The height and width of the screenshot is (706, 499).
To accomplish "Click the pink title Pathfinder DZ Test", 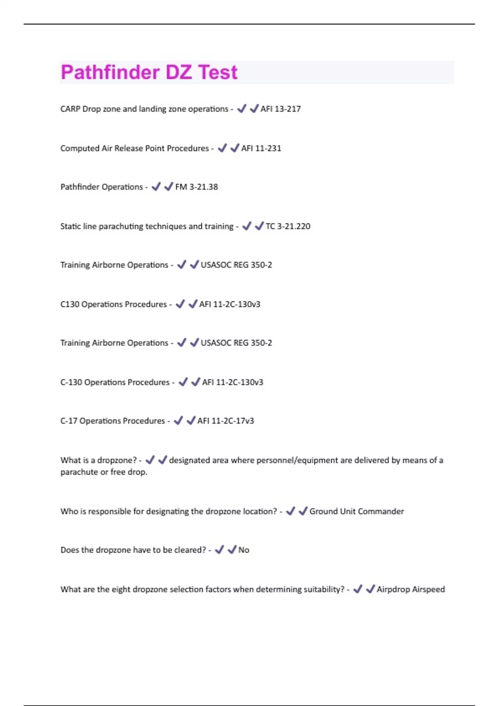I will [149, 72].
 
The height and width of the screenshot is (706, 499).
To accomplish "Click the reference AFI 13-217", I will [280, 109].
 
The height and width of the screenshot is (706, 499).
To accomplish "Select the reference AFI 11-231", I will [261, 148].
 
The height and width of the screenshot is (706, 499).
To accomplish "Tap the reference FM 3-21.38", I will [196, 187].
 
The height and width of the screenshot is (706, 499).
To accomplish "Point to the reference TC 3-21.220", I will [288, 226].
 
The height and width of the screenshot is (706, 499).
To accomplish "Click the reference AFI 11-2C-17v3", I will [225, 421].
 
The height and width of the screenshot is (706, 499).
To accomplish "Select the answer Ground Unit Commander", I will [356, 511].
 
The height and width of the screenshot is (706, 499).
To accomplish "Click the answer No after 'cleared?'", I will [244, 550].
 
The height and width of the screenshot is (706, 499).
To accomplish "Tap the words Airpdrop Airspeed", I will [410, 589].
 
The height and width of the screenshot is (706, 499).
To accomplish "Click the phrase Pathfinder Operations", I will [101, 187].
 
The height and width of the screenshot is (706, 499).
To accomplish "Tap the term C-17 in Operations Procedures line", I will [69, 421].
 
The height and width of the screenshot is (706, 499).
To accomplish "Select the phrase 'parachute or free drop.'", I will [104, 472].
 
